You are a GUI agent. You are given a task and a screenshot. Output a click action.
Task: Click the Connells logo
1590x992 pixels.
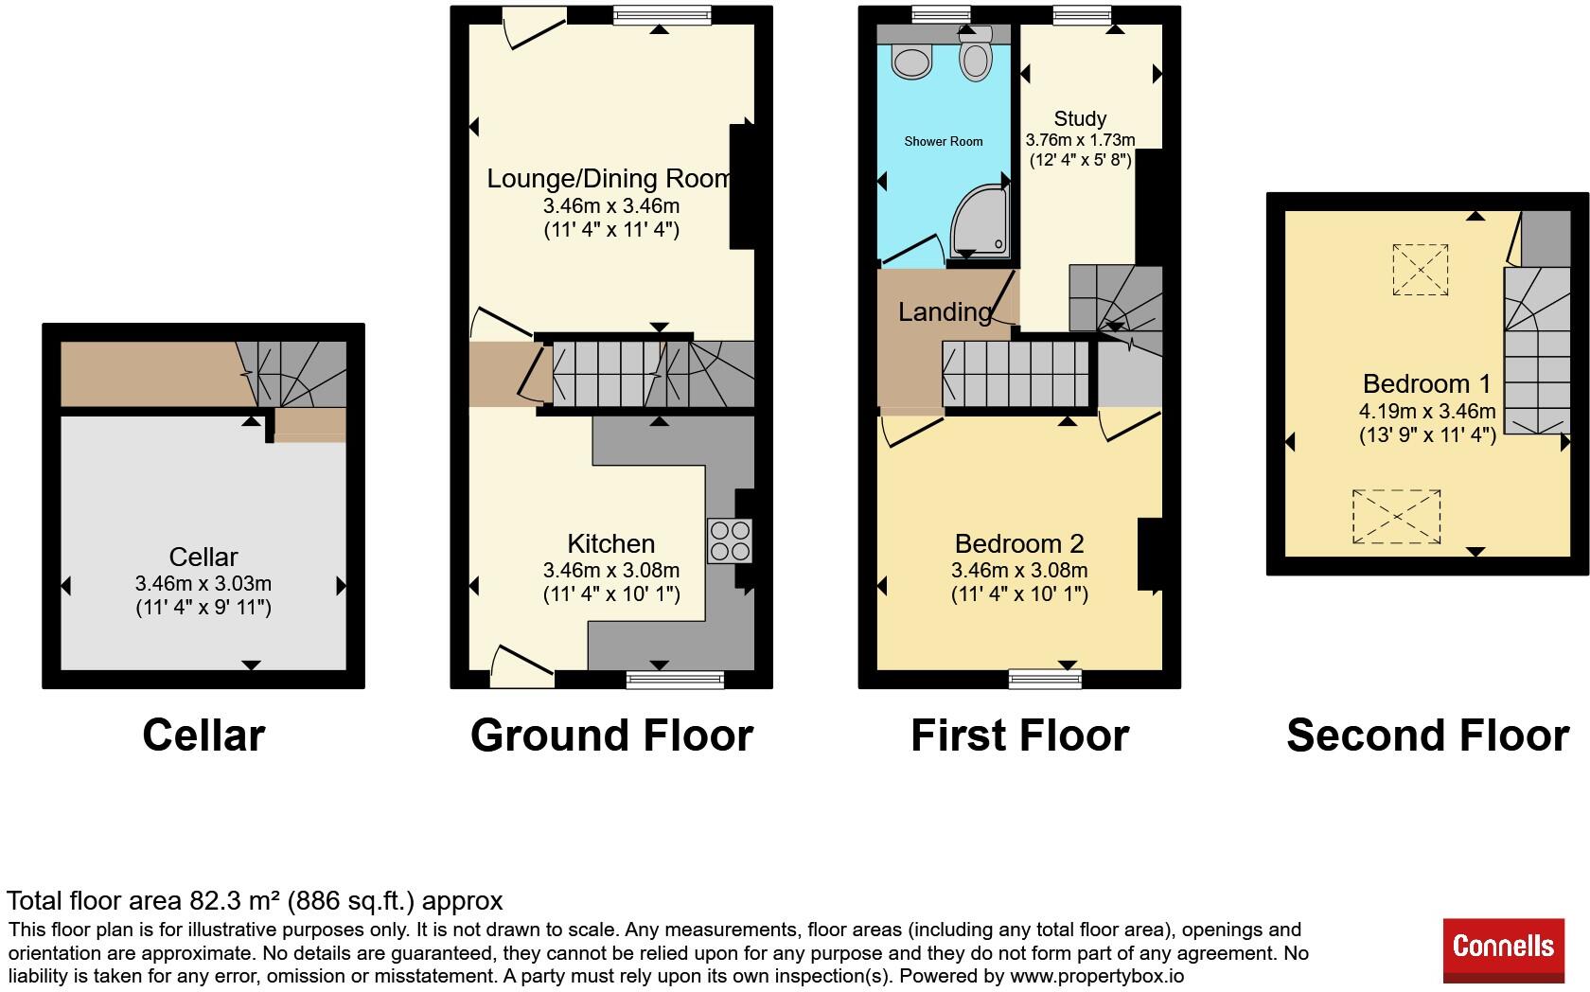click(1503, 950)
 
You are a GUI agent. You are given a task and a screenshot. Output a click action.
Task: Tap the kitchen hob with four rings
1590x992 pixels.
click(730, 541)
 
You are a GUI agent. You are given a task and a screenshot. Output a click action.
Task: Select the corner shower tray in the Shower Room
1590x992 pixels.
click(980, 221)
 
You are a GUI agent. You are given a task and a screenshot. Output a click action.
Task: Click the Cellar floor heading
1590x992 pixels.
click(203, 735)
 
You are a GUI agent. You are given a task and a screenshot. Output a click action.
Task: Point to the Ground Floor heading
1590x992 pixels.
click(611, 735)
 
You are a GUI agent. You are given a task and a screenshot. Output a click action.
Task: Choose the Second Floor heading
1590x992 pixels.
click(1427, 735)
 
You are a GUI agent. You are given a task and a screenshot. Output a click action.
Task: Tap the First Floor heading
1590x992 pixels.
click(1019, 735)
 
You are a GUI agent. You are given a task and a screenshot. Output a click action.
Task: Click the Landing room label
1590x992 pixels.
click(945, 311)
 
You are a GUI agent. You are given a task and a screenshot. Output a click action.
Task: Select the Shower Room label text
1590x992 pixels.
click(944, 141)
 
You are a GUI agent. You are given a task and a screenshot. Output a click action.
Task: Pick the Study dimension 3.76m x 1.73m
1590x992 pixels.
click(1080, 141)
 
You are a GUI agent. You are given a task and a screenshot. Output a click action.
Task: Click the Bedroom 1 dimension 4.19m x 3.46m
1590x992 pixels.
click(1427, 411)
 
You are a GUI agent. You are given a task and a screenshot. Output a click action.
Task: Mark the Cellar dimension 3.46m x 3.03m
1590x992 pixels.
click(203, 584)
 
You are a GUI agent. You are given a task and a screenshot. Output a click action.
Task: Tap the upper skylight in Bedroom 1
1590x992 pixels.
click(1420, 270)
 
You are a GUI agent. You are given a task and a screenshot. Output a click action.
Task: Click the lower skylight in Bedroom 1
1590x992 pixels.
click(1396, 517)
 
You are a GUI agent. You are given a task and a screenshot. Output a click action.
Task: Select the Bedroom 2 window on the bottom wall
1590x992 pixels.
click(1045, 679)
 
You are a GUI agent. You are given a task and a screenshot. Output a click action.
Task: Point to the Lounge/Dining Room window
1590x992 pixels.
click(662, 15)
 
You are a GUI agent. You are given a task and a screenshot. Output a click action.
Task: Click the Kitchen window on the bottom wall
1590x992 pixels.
click(674, 680)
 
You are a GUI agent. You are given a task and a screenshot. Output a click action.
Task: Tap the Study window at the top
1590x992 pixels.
click(1082, 15)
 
